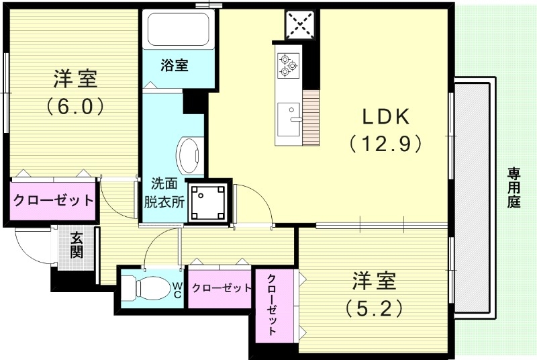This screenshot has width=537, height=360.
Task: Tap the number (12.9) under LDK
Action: (385, 142)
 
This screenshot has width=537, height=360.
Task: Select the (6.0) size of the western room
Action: (75, 105)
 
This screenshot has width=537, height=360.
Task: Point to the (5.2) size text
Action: (374, 308)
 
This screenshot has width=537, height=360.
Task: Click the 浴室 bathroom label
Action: (174, 65)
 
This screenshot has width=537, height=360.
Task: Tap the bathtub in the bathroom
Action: (179, 29)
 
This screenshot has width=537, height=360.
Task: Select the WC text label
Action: (177, 289)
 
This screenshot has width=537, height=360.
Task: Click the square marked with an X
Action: (299, 25)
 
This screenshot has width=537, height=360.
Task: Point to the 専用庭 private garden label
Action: (514, 188)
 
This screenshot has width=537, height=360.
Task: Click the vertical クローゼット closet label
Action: (273, 306)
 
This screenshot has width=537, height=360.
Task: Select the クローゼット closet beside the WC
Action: (221, 288)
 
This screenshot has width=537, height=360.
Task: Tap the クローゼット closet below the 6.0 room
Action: (52, 200)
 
